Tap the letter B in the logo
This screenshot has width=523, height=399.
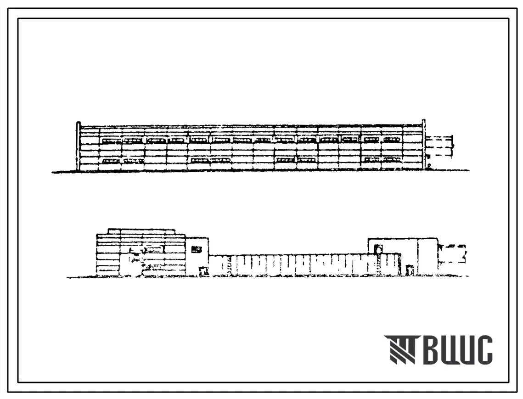(x=432, y=350)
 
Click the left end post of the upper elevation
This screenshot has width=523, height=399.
(x=79, y=146)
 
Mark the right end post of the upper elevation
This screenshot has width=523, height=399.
(x=424, y=145)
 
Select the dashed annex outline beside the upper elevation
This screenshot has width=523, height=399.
(x=439, y=146)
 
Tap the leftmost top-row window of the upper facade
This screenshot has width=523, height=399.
(x=112, y=140)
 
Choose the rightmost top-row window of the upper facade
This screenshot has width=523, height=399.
(x=392, y=140)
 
